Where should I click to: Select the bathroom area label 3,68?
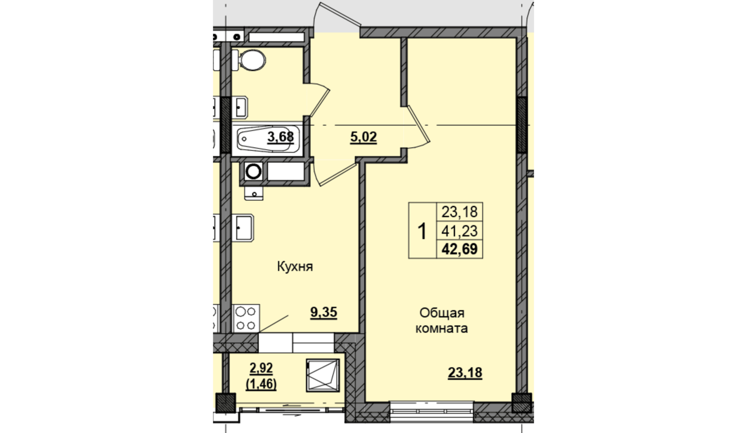pos(280,137)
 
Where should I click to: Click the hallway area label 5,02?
pos(364,137)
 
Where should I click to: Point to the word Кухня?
pos(295,267)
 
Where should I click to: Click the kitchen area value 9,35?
pos(324,312)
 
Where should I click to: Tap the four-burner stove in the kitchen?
pos(246,318)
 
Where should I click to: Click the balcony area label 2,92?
pos(261,368)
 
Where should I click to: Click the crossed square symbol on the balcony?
pos(323,375)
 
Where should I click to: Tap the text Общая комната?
pos(442,321)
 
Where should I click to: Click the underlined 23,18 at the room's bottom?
pos(465,372)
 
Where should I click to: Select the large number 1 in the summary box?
pos(422,231)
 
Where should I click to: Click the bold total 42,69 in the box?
pos(459,249)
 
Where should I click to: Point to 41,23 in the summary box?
pos(459,230)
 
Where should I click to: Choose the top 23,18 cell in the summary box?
pos(459,212)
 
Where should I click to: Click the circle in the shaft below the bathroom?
pos(254,172)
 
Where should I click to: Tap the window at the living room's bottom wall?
pos(432,412)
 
